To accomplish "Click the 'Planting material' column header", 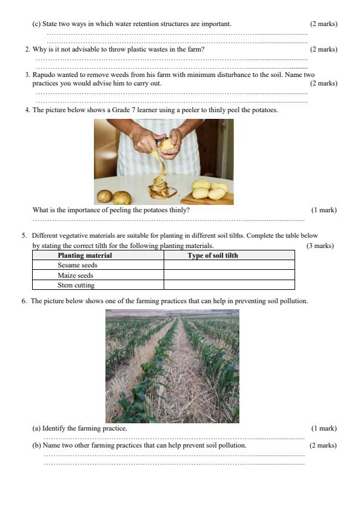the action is (x=85, y=255).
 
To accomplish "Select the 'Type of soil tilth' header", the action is (x=213, y=255).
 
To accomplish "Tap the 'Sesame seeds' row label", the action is (x=78, y=265).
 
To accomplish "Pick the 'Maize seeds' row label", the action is (x=75, y=275).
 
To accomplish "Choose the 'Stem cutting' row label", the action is (x=76, y=285).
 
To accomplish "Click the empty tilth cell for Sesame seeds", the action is (x=229, y=265).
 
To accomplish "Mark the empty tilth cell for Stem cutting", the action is (x=229, y=285).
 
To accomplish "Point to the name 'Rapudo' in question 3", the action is (x=44, y=75).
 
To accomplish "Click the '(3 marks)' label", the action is (x=320, y=246).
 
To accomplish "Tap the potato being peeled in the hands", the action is (x=167, y=145).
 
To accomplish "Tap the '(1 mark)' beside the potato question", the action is (x=324, y=210).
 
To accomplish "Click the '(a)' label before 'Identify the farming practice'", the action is (x=36, y=428).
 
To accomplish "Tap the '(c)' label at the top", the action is (x=36, y=24).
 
